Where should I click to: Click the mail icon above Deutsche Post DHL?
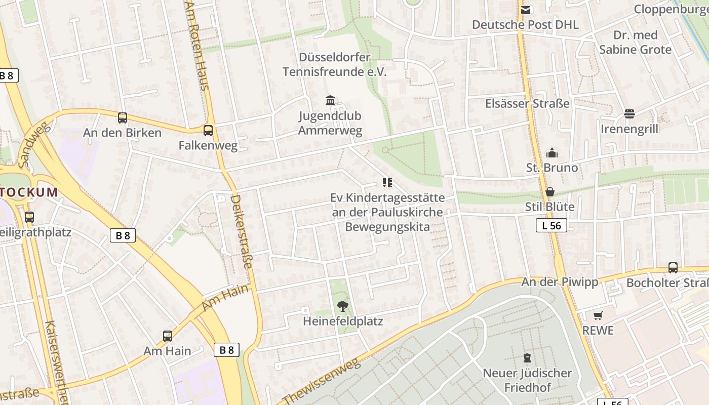click(x=526, y=10)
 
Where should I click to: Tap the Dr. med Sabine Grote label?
click(x=635, y=43)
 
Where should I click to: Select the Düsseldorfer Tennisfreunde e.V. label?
click(x=334, y=64)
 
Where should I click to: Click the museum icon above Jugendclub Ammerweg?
click(x=330, y=100)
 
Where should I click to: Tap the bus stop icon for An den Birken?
click(x=123, y=118)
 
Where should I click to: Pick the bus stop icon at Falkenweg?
click(x=208, y=131)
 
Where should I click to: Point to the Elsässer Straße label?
click(x=527, y=104)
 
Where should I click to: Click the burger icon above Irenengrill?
click(x=629, y=114)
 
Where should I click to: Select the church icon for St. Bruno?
click(x=552, y=153)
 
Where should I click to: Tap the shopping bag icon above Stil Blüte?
click(x=550, y=192)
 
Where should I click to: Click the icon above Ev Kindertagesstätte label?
click(x=387, y=183)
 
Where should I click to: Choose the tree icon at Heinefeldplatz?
click(x=343, y=306)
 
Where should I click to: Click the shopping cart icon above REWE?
click(x=598, y=315)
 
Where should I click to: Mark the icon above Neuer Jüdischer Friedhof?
click(x=527, y=358)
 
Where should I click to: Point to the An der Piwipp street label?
click(x=560, y=282)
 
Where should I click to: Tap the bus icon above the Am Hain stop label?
click(x=168, y=336)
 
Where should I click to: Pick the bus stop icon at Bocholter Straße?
click(x=673, y=267)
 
